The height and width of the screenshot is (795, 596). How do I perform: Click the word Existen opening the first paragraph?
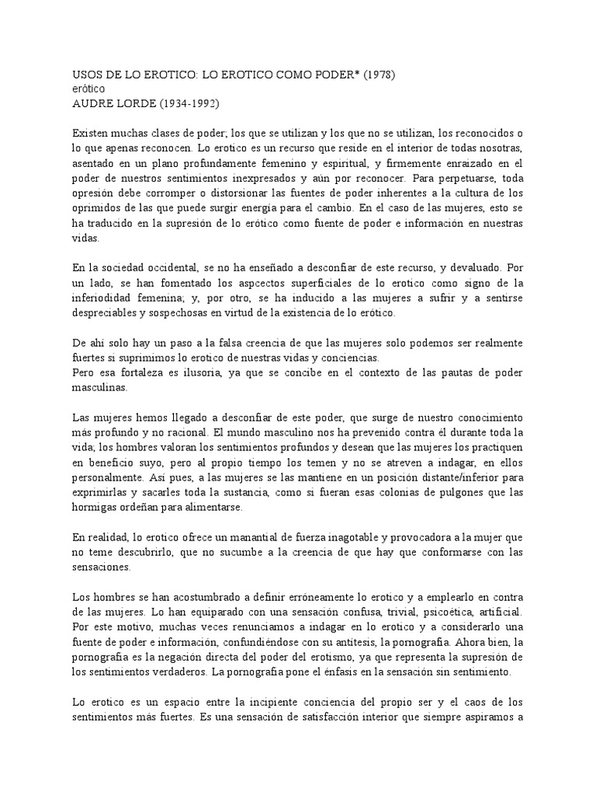pyautogui.click(x=92, y=133)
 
